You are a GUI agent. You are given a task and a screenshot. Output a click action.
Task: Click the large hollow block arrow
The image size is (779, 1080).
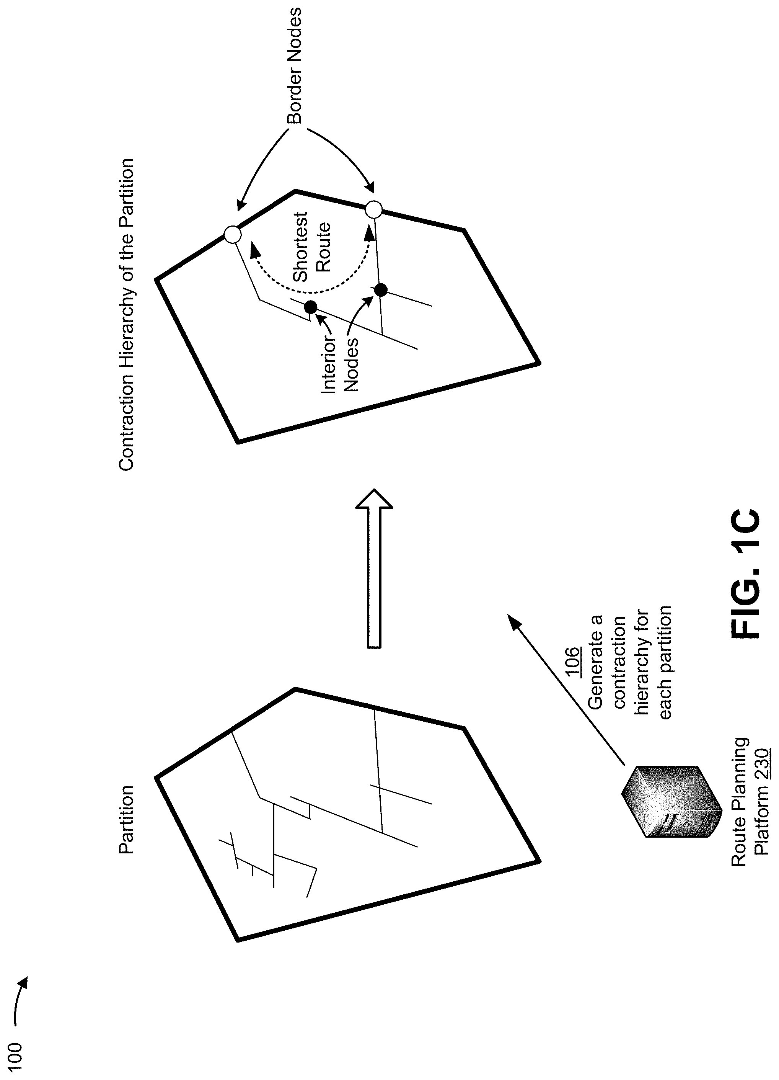pyautogui.click(x=374, y=568)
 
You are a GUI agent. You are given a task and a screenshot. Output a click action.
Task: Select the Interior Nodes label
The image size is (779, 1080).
pyautogui.click(x=339, y=364)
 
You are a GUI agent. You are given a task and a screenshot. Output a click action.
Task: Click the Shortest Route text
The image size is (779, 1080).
pyautogui.click(x=312, y=247)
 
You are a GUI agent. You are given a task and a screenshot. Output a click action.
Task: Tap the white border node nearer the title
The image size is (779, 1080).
pyautogui.click(x=232, y=235)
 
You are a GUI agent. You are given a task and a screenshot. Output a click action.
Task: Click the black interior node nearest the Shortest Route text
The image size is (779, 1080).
pyautogui.click(x=380, y=289)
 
